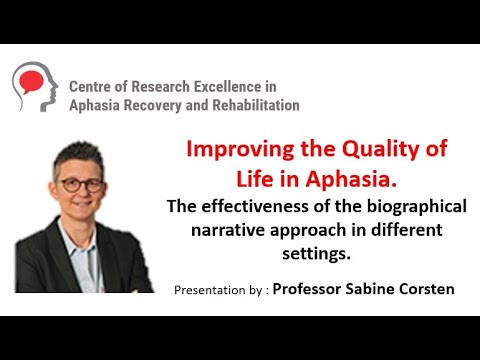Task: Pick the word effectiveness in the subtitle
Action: click(273, 208)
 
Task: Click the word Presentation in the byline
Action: click(213, 290)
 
